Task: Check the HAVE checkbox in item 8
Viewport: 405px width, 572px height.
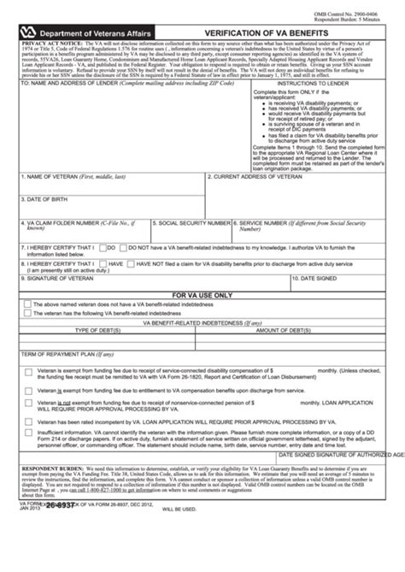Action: click(x=102, y=263)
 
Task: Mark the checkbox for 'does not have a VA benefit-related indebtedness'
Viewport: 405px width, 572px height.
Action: click(x=28, y=304)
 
